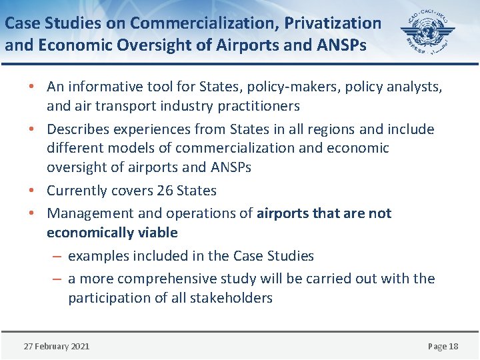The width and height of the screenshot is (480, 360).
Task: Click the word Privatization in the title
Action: (x=333, y=23)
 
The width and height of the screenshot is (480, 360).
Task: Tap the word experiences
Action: (x=149, y=129)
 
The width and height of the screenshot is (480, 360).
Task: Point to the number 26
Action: (x=165, y=191)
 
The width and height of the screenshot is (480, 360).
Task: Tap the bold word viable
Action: (x=157, y=233)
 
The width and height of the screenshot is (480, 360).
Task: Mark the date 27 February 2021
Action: (x=57, y=346)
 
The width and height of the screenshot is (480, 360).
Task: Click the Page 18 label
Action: (x=443, y=346)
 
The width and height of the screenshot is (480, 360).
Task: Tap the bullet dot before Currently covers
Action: (x=32, y=191)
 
